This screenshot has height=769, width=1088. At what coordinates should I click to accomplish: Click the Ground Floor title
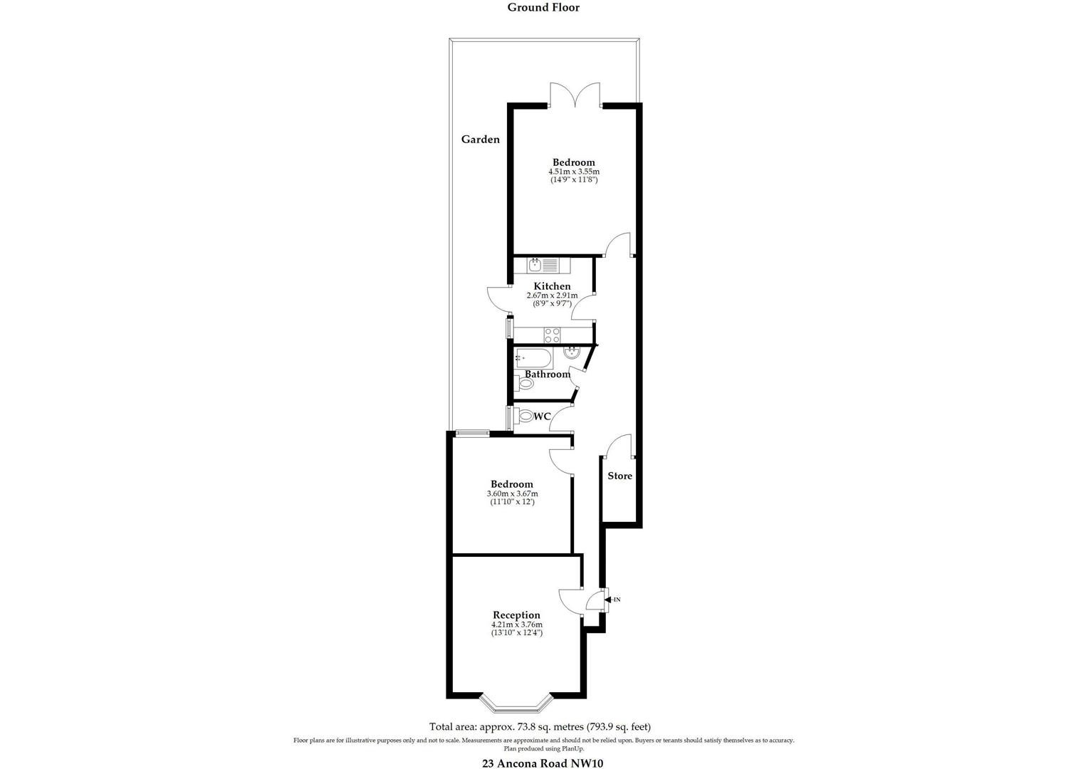coord(543,8)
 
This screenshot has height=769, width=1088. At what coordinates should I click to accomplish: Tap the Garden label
coord(481,140)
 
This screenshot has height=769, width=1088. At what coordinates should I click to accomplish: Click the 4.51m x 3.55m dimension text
coord(573,172)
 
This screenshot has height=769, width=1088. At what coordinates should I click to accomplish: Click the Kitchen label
coord(552,286)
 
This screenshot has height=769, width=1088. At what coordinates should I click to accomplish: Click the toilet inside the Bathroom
coord(526,384)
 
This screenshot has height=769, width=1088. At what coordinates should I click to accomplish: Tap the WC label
coord(542,417)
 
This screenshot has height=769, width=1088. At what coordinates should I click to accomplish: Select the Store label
coord(619,476)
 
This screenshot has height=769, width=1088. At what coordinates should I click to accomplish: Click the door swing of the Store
coord(618,446)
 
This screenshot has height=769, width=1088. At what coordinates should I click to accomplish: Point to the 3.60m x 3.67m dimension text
coord(512,493)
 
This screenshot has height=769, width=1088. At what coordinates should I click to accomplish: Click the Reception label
coord(516,615)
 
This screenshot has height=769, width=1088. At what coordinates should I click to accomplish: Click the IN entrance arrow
coord(612,600)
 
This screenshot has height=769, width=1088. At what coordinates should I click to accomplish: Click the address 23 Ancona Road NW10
coord(543,763)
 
